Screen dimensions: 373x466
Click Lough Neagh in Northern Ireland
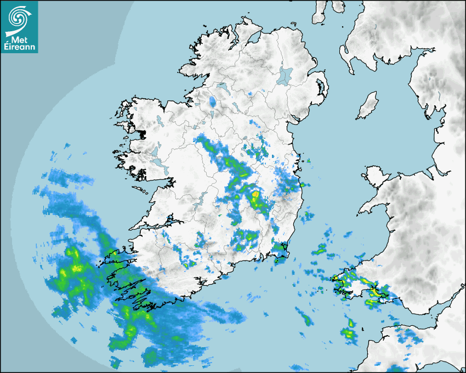point(285,75)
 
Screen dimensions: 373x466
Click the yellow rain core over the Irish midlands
point(256,198)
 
